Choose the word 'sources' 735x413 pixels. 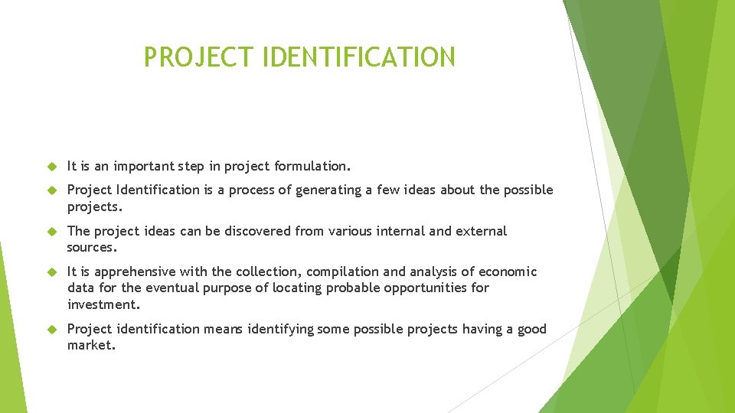pyautogui.click(x=91, y=248)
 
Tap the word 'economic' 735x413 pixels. pyautogui.click(x=508, y=272)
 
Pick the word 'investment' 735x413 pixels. pyautogui.click(x=103, y=304)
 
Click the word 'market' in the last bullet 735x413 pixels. pyautogui.click(x=90, y=346)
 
